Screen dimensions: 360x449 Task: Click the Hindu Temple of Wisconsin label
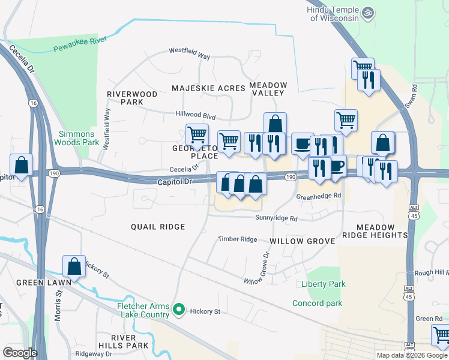[x=333, y=14]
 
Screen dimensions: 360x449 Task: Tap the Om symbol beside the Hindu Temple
[x=369, y=11]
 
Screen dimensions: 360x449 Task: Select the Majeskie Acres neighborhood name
[x=208, y=88]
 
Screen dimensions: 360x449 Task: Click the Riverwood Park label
[x=132, y=98]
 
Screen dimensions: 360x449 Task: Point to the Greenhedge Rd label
[x=319, y=196]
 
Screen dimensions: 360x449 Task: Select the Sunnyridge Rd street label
[x=276, y=219]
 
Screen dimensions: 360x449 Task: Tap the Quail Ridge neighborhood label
[x=158, y=227]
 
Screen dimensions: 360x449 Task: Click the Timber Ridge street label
[x=237, y=239]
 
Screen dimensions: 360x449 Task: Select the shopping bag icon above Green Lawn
[x=74, y=265]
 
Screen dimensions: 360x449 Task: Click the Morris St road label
[x=58, y=306]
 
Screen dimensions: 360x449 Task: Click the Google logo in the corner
[x=19, y=353]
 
